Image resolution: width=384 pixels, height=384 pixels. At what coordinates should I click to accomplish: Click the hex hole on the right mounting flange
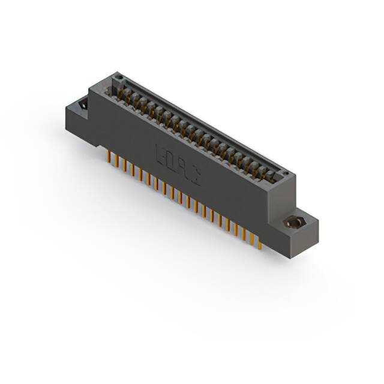[x=293, y=223]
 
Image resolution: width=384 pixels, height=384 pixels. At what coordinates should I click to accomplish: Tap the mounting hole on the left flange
[x=83, y=105]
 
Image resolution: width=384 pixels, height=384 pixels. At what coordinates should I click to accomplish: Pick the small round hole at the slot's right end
[x=286, y=175]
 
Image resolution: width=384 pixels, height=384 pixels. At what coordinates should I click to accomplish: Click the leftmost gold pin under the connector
[x=109, y=157]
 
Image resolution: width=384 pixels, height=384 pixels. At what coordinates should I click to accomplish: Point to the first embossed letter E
[x=161, y=154]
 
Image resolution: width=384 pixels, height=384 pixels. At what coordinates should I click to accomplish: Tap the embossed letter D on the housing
[x=171, y=160]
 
